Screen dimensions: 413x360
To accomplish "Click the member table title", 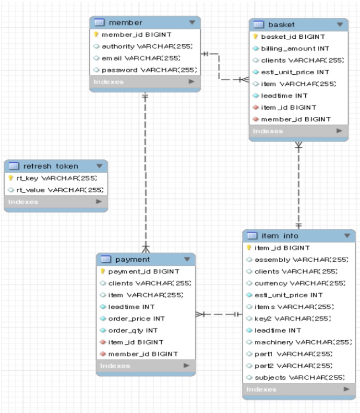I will coord(119,23).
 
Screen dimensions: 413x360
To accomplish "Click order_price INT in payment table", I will coord(136,319).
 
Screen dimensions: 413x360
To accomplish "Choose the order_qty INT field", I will coord(133,330).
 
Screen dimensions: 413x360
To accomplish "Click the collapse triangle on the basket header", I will coord(340,24).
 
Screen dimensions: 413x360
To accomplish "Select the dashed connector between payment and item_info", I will coord(218,315).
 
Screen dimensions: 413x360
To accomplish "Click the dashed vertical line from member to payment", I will coord(145,168).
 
